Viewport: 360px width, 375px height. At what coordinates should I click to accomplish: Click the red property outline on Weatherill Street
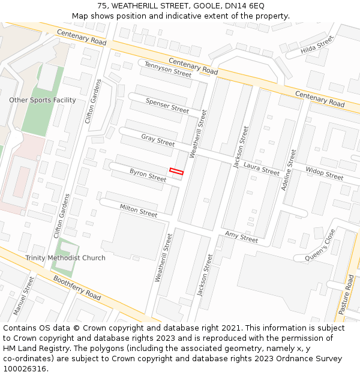(176, 172)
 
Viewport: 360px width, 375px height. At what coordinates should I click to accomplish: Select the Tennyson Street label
(168, 70)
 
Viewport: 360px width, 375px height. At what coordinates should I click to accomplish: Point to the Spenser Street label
(167, 106)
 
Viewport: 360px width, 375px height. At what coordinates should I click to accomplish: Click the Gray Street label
(158, 140)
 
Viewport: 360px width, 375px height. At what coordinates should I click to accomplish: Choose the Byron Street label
(148, 175)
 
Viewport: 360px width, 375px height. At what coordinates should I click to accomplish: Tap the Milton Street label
(139, 210)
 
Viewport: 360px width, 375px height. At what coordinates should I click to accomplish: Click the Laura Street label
(262, 168)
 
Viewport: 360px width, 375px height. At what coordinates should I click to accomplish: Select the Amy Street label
(241, 236)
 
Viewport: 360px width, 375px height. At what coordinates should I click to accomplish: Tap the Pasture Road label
(347, 295)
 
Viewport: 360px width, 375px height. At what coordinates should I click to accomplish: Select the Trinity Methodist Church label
(65, 258)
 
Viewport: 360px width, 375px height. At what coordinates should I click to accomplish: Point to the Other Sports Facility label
(43, 100)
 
